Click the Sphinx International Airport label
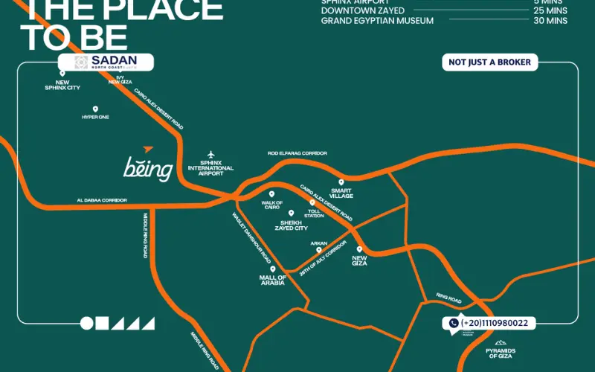point(211,167)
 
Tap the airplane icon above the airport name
point(211,153)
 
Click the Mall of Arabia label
point(272,280)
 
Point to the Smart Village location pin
point(341,182)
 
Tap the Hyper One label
point(95,117)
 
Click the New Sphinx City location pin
point(62,73)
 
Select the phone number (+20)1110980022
point(494,323)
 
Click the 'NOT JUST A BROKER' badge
point(490,62)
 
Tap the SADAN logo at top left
point(106,62)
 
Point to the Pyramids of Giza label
point(501,353)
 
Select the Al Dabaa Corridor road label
point(102,200)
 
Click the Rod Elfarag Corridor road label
point(297,153)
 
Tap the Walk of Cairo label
point(271,205)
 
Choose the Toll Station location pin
point(312,202)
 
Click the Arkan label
point(319,243)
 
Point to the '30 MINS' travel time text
point(550,21)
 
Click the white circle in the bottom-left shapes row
point(87,323)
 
